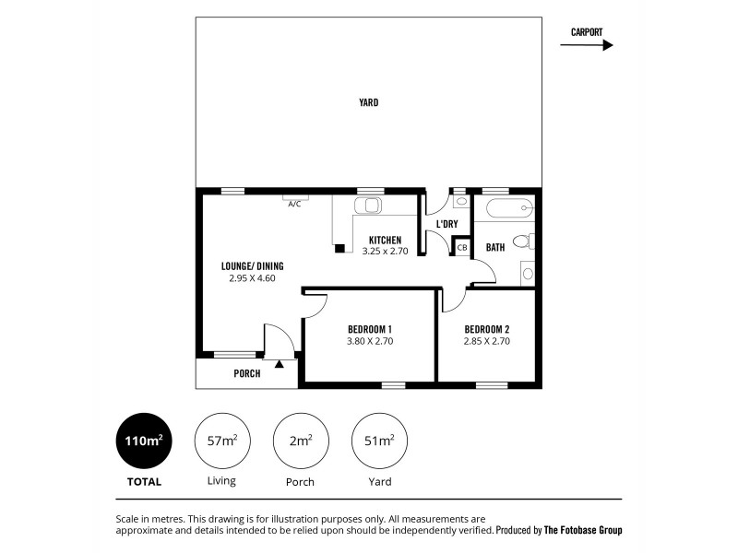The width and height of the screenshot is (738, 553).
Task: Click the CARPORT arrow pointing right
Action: coord(587,44)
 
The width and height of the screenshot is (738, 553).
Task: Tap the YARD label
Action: coord(369,102)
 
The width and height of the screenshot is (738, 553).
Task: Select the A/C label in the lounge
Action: coord(294,204)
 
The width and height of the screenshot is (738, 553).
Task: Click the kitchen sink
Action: coord(372,206)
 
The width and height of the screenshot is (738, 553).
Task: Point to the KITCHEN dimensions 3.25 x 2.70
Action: coord(385,251)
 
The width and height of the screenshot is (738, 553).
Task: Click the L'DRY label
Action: coord(446,224)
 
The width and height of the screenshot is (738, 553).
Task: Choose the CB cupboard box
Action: coord(462,247)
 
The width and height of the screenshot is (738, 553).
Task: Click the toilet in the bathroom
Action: coord(523,241)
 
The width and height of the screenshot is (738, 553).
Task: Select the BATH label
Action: coord(495,247)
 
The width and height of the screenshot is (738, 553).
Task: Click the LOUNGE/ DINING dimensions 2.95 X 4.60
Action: coord(252,277)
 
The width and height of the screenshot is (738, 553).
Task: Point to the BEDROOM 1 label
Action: coord(370,329)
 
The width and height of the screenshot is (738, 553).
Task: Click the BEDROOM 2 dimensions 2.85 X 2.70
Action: coord(486,341)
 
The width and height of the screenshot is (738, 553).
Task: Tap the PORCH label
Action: coord(246,373)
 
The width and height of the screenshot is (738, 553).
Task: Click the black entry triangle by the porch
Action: coord(279,366)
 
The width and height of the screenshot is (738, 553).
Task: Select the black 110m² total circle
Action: coord(143,441)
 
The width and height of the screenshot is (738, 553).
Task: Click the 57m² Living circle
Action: coord(222,441)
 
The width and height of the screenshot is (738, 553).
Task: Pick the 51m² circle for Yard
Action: coord(380,441)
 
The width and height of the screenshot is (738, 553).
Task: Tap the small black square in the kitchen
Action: coord(339,248)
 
